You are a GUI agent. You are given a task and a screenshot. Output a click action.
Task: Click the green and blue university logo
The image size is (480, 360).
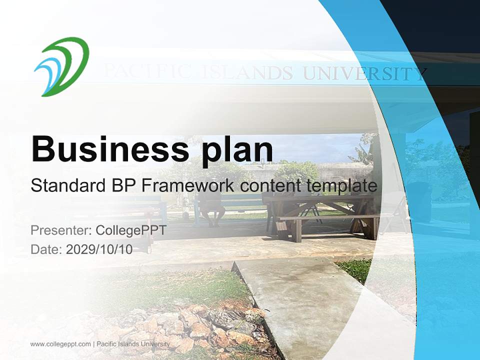tap(61, 66)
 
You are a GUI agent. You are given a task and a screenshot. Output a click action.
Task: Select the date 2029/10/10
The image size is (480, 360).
tap(99, 249)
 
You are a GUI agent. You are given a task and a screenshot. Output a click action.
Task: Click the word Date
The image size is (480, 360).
tap(46, 249)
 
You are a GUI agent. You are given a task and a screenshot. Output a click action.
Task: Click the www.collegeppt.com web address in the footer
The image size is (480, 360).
tap(60, 344)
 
